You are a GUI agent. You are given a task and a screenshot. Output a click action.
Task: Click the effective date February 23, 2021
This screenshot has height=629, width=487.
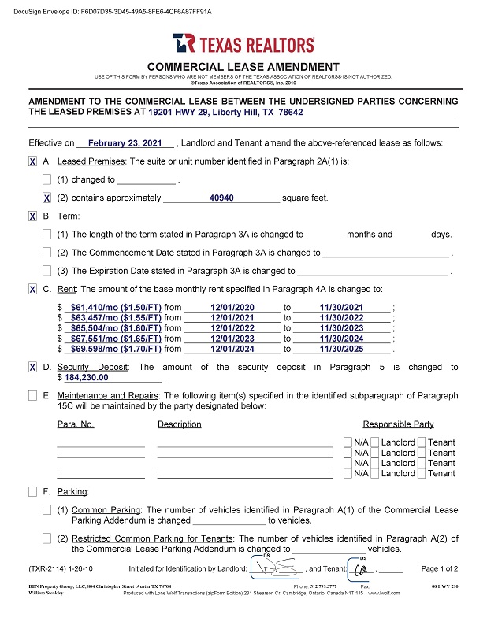pos(130,143)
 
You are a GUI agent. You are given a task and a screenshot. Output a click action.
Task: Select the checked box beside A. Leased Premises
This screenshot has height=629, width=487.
pos(32,161)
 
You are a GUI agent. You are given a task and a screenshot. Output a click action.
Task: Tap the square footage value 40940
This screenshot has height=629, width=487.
pos(221,198)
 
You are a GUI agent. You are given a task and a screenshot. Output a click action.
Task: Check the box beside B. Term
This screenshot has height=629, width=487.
pos(32,216)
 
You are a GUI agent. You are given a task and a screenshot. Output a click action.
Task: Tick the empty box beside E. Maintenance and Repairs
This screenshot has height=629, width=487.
pos(32,395)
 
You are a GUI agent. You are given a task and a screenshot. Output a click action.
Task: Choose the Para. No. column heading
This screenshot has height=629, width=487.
pos(76,424)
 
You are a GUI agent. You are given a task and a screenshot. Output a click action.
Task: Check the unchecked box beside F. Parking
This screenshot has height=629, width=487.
pos(32,491)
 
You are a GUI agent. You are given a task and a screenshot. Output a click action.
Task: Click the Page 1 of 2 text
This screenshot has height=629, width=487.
pos(440,568)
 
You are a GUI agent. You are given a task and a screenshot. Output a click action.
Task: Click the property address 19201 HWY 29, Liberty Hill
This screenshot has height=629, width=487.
pos(225,113)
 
